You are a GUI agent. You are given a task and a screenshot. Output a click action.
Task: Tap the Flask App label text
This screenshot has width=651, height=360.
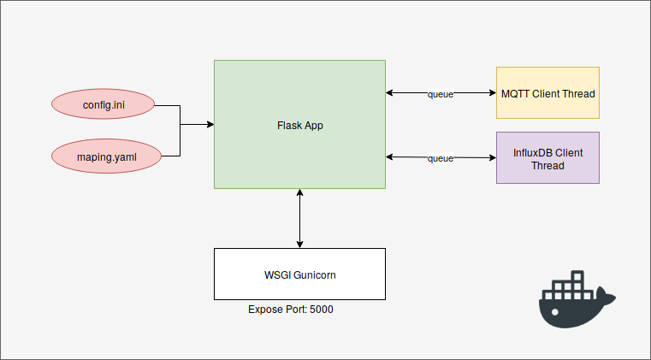pyautogui.click(x=299, y=126)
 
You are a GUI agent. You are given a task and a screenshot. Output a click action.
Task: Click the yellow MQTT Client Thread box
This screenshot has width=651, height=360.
pyautogui.click(x=547, y=92)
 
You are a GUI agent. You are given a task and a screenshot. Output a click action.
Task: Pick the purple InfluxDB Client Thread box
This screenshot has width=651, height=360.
pyautogui.click(x=547, y=158)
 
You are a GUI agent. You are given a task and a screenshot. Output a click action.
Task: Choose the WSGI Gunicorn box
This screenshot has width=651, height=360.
pyautogui.click(x=299, y=274)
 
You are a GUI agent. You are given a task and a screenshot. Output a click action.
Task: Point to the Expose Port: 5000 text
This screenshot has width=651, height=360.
pyautogui.click(x=291, y=310)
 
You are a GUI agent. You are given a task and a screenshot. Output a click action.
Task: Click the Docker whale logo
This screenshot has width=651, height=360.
pyautogui.click(x=576, y=299)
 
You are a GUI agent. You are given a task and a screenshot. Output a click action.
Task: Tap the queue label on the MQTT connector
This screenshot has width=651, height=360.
pyautogui.click(x=441, y=94)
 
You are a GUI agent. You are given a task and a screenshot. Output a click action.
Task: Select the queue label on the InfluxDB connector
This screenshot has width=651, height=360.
pyautogui.click(x=441, y=158)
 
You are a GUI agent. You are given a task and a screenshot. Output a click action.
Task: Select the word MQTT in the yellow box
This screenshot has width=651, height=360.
pyautogui.click(x=515, y=93)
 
